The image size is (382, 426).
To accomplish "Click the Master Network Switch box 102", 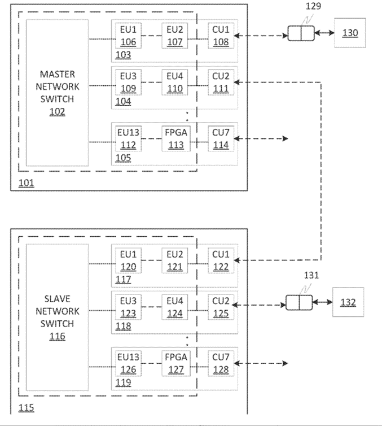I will [x=57, y=93].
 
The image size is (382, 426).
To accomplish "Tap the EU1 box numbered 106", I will [x=127, y=36].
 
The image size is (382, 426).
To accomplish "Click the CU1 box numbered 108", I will [x=220, y=36].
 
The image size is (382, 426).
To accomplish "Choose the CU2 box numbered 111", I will [x=220, y=82].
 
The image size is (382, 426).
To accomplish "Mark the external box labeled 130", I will [x=350, y=33].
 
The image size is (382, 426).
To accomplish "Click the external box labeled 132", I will [x=348, y=302].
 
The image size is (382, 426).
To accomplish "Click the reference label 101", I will [x=26, y=183].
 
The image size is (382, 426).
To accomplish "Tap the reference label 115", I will [x=26, y=408].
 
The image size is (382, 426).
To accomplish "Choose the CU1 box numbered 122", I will [x=220, y=261].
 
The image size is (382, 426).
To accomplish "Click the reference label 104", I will [x=122, y=102].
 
